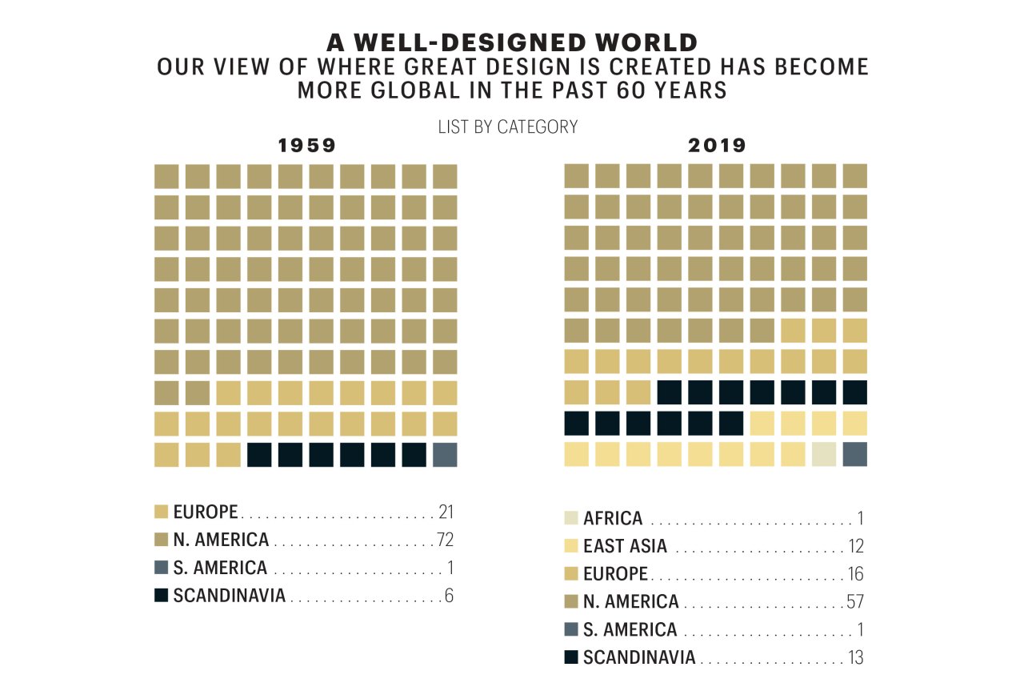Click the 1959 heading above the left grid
[306, 146]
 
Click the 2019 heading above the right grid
[717, 146]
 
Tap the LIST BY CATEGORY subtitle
[508, 127]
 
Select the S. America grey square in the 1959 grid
[445, 454]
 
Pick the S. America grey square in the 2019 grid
[855, 454]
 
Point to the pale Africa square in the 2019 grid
[824, 454]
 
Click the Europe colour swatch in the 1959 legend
[161, 512]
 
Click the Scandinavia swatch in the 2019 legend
[571, 658]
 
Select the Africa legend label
[613, 519]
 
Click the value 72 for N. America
[445, 540]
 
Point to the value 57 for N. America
[854, 602]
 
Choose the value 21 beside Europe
[446, 512]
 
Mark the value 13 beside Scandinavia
[855, 658]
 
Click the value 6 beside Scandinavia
[449, 596]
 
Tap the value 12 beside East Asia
[855, 547]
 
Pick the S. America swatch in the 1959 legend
[161, 568]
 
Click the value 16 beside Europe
[855, 574]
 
